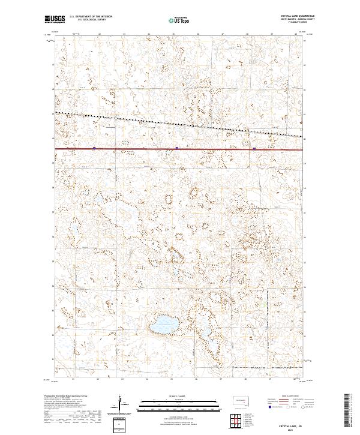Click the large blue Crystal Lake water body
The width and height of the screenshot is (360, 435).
[163, 325]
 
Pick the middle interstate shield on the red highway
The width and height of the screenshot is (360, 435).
[178, 146]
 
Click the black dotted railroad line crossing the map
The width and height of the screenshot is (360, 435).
[180, 125]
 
